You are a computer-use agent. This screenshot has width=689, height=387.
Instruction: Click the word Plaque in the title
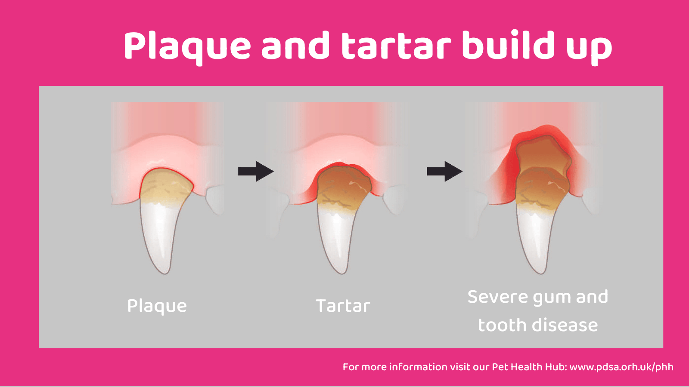click(187, 46)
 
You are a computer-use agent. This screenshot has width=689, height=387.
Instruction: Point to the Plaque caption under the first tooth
click(157, 306)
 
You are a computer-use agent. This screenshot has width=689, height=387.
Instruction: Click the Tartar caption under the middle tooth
click(343, 306)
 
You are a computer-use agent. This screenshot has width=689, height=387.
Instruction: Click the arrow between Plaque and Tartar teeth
click(256, 171)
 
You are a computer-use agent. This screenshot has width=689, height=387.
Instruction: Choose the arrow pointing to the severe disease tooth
click(444, 171)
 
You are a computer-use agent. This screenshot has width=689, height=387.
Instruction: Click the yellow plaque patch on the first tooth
click(166, 187)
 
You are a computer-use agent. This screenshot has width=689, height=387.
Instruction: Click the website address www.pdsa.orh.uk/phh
click(621, 367)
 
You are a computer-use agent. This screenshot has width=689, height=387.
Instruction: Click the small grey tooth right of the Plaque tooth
click(215, 200)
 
